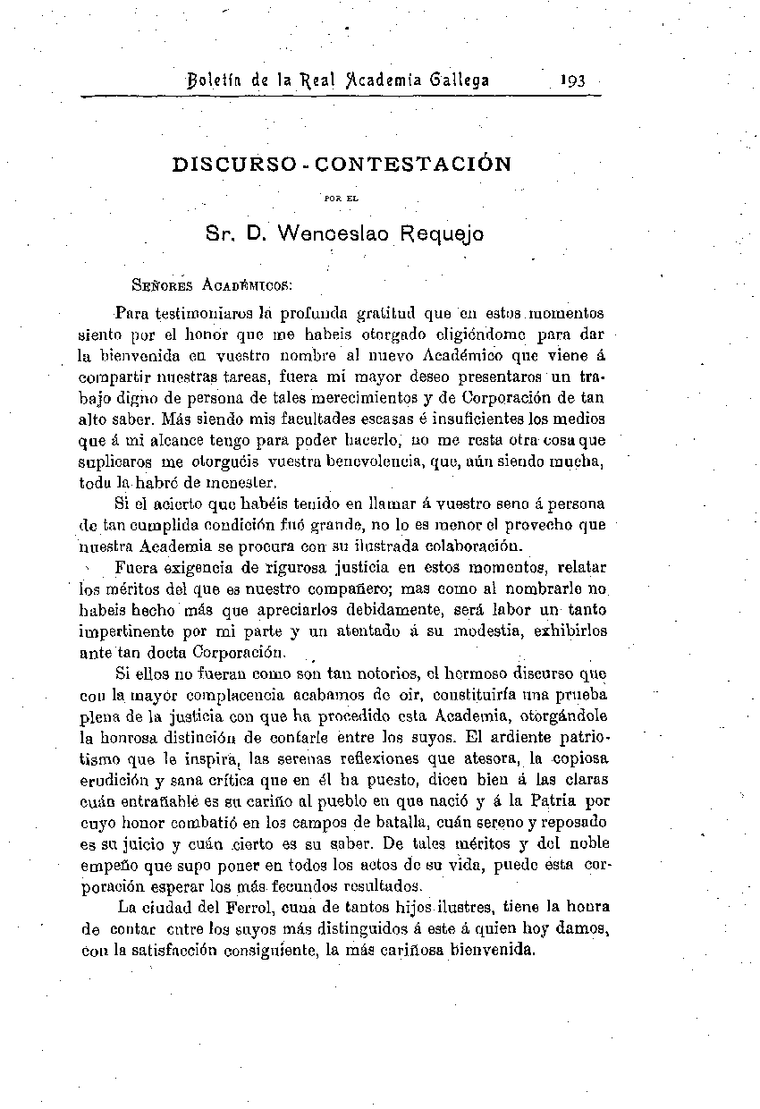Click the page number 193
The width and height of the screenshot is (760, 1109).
click(x=571, y=80)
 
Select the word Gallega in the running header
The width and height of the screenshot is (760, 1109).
click(x=460, y=80)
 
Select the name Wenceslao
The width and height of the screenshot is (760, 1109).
click(x=334, y=235)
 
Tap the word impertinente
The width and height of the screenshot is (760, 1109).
click(x=129, y=631)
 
